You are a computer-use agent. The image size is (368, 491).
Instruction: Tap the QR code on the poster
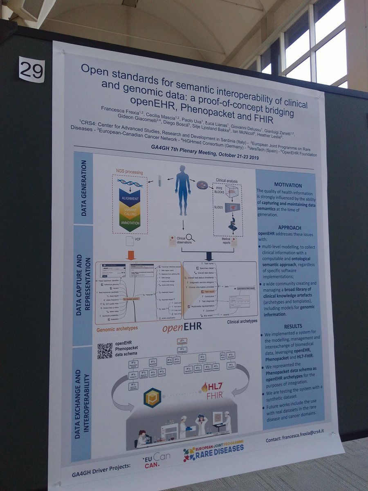click(x=105, y=351)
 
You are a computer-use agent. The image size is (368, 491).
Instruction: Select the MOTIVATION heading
click(x=288, y=185)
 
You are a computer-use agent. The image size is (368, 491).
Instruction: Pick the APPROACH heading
click(x=289, y=227)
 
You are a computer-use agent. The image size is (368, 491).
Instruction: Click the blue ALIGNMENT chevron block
click(x=130, y=198)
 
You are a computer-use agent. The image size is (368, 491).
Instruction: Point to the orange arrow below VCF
click(x=131, y=255)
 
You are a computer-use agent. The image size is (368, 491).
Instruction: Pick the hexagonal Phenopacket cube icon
click(x=152, y=397)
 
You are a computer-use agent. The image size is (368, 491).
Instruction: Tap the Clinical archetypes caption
click(x=242, y=321)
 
